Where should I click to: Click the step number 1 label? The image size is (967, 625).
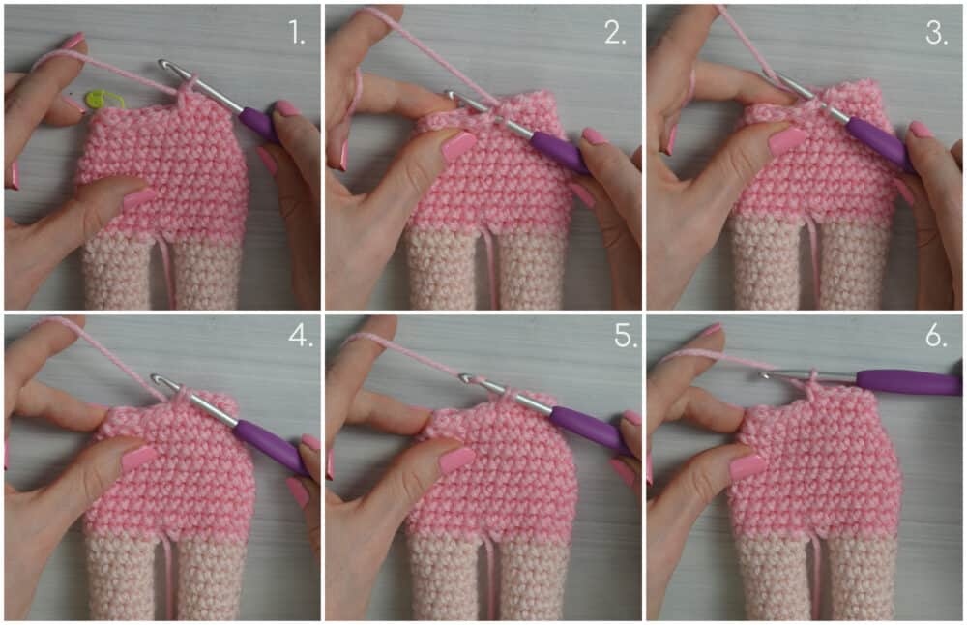297,32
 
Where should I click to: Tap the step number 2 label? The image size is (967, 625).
615,32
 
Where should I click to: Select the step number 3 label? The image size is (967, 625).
936,32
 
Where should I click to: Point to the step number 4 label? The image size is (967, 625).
301,335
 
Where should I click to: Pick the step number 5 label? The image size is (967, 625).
626,335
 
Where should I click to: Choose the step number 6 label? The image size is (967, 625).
936,335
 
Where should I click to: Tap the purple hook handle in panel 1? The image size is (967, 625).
259,125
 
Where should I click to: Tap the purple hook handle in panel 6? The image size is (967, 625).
908,382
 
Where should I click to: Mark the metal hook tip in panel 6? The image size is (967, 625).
766,373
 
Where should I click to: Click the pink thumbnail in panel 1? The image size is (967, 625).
139,197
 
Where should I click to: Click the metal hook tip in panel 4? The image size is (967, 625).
159,379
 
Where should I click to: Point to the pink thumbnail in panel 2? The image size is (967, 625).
457,146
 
